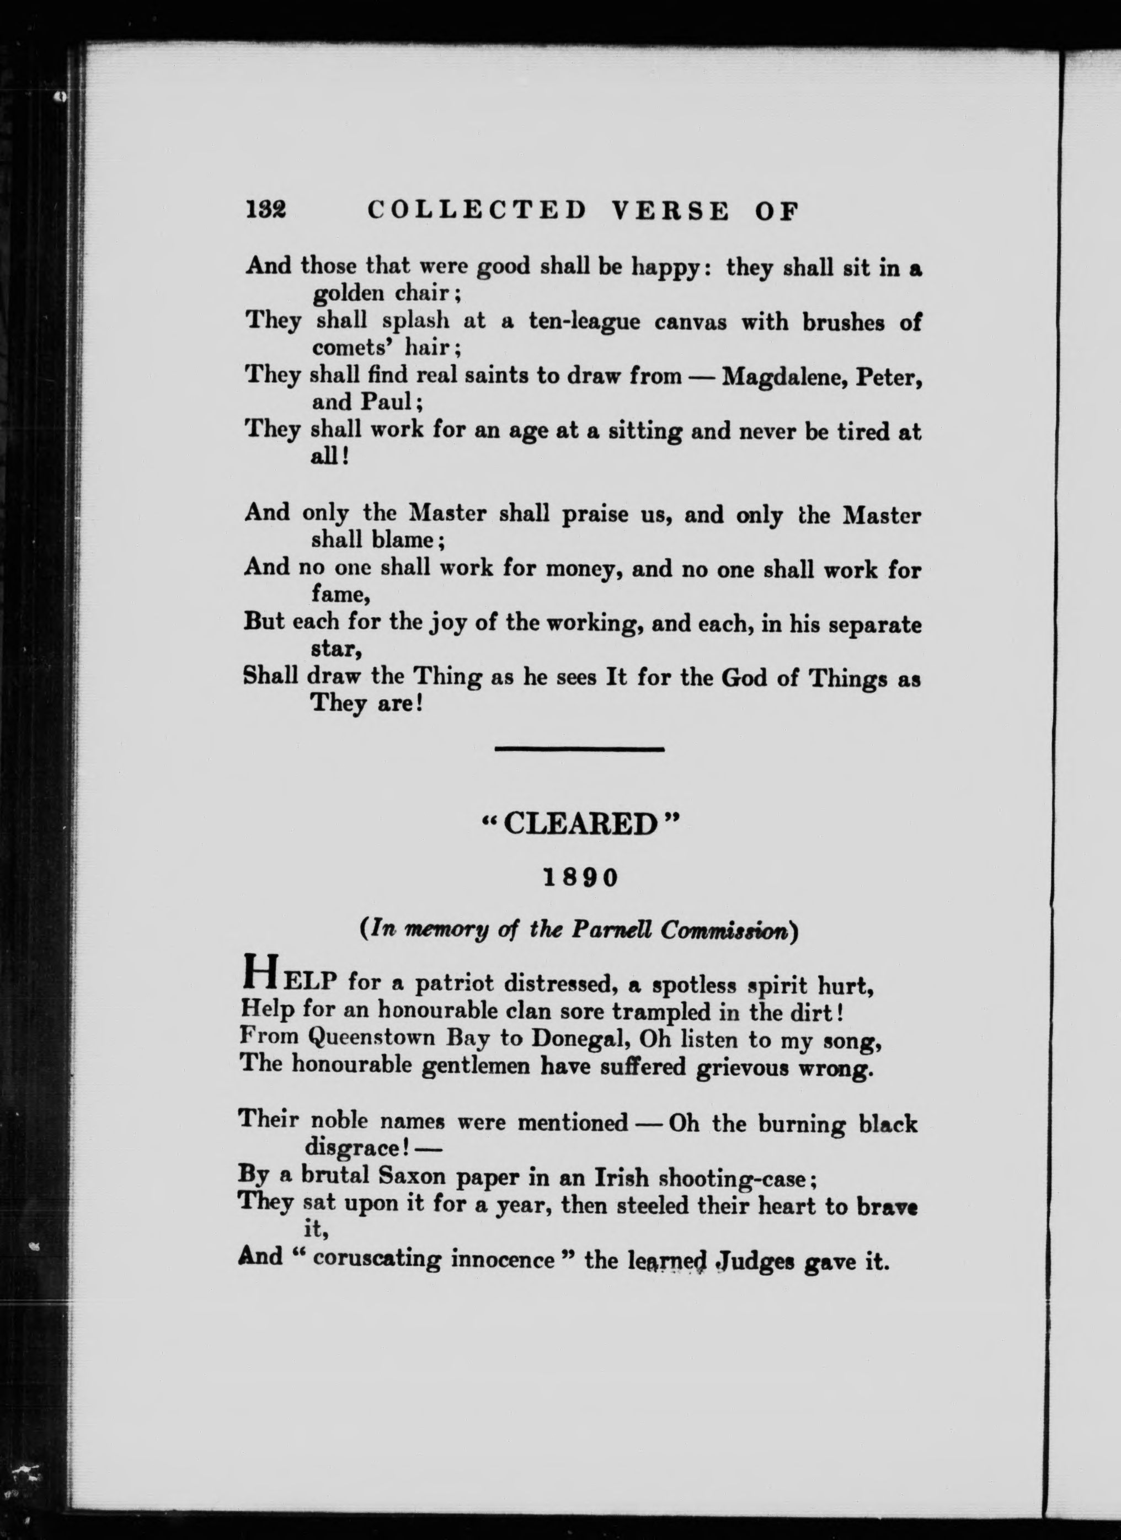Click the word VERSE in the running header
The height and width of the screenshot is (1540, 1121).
(x=670, y=211)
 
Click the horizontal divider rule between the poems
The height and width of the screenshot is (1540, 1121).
(x=579, y=749)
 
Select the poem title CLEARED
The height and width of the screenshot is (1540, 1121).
(x=580, y=824)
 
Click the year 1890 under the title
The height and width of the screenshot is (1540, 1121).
(x=580, y=878)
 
